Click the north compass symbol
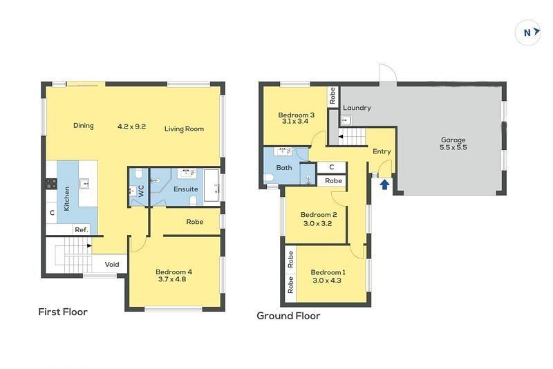(x=527, y=32)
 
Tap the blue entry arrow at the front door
(x=384, y=184)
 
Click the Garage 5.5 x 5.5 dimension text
(x=453, y=148)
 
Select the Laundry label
(x=357, y=108)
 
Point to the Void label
(x=112, y=265)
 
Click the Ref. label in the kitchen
(x=82, y=230)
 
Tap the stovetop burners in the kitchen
(x=51, y=184)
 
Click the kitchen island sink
(x=84, y=183)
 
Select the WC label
(x=141, y=191)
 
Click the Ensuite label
(x=186, y=189)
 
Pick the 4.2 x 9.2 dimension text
(x=131, y=126)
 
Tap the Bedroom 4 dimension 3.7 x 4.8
(x=172, y=279)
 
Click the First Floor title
(x=63, y=312)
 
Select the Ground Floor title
(x=288, y=316)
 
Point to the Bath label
(x=284, y=168)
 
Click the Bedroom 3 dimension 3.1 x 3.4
(x=295, y=122)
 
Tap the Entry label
(x=382, y=151)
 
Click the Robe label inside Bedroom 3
(x=332, y=96)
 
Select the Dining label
(x=84, y=126)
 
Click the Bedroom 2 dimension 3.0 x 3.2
(x=318, y=223)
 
